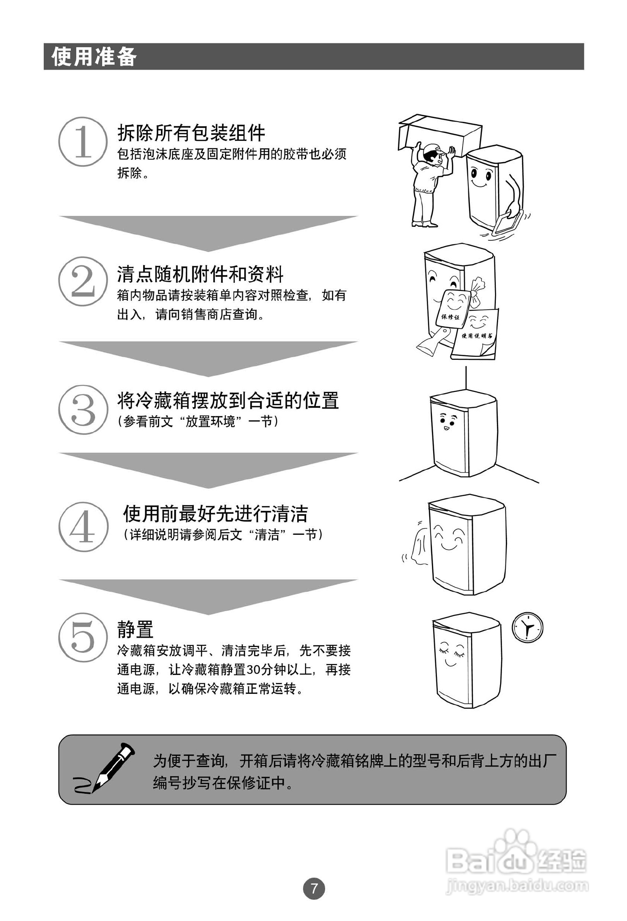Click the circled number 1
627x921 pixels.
pos(83,142)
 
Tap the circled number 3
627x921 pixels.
pos(83,409)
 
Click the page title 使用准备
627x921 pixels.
pos(94,56)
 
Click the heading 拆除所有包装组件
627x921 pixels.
pos(192,133)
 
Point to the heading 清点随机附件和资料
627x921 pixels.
pos(200,274)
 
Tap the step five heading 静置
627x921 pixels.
pos(135,630)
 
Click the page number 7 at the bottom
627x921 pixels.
pos(314,888)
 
